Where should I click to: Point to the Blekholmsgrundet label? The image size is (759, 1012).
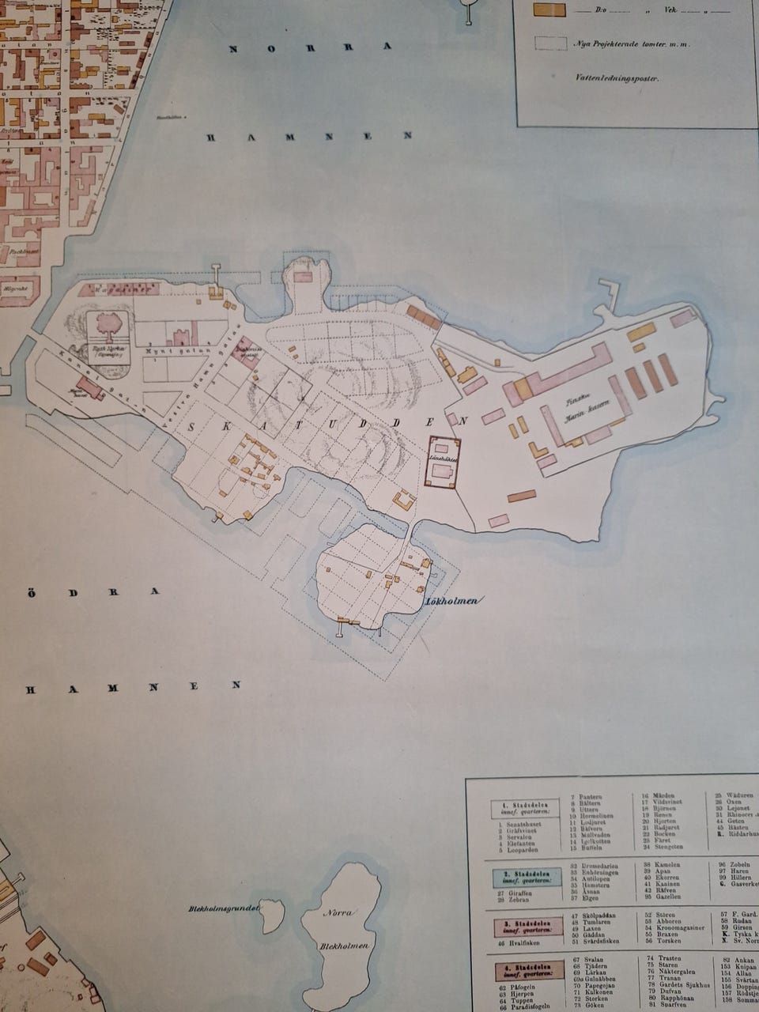point(224,908)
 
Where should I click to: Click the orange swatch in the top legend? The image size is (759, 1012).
point(549,10)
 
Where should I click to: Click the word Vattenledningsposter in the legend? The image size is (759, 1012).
point(620,78)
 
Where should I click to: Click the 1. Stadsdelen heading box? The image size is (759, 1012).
point(526,808)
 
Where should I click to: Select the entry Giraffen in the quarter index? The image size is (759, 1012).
point(514,893)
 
